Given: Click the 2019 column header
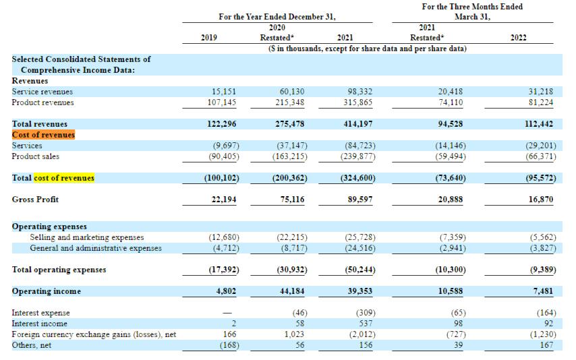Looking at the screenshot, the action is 208,38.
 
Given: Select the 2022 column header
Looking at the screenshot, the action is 518,38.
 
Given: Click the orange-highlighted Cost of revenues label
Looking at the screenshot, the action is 43,135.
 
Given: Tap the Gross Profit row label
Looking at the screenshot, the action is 35,200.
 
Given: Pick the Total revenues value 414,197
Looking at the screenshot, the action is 358,124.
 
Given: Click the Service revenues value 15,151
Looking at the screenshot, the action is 224,92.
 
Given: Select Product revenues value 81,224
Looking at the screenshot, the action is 541,102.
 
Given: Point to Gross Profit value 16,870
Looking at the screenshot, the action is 541,200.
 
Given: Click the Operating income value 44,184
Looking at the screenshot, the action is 292,291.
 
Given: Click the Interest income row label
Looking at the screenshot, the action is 39,324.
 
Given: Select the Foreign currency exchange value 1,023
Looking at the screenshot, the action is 294,334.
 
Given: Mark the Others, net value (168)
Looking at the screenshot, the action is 229,345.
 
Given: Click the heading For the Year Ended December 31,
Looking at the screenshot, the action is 277,17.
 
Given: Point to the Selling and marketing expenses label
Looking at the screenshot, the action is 87,237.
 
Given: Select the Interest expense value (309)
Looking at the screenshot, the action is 366,313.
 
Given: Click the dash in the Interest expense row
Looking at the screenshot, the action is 228,313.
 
